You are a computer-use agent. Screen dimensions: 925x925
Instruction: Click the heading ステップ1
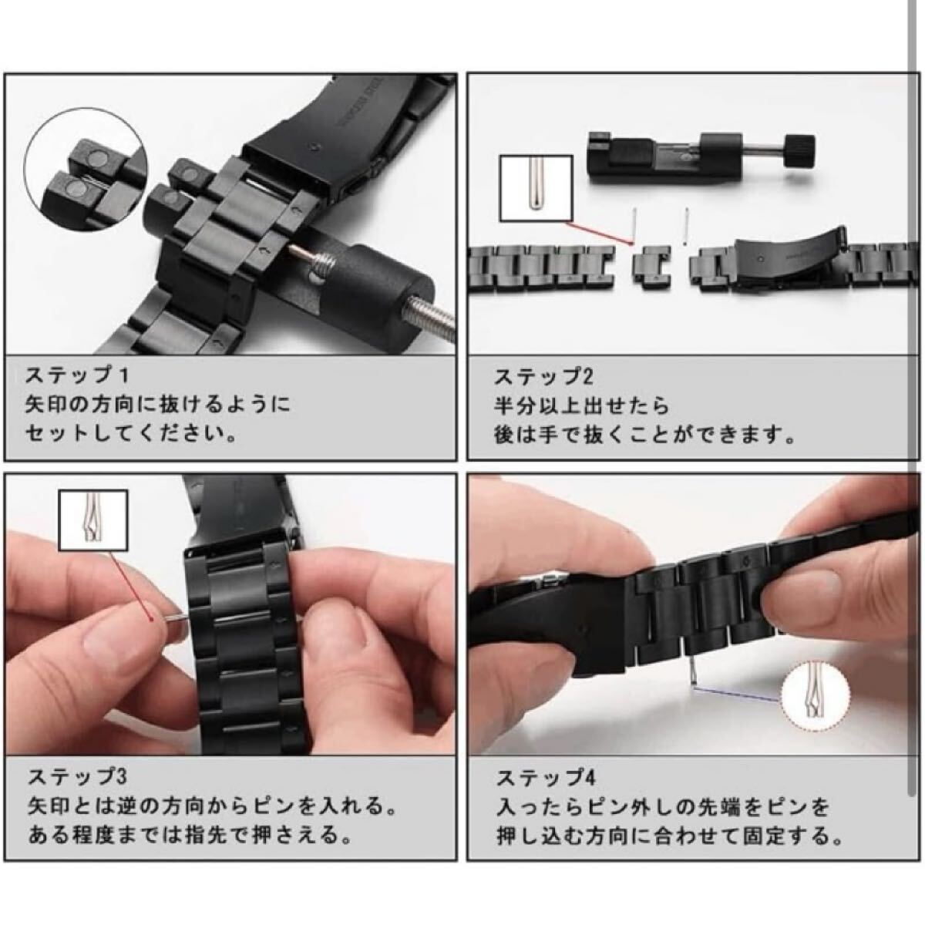coord(77,375)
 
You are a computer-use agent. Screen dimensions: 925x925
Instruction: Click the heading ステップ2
coord(544,376)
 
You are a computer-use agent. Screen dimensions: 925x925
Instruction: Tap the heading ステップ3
coord(77,777)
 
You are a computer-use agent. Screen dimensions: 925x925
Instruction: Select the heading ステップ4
coord(547,778)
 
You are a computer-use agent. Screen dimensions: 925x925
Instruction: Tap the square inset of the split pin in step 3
coord(93,520)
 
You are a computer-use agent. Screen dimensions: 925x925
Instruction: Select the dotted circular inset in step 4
coord(815,695)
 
